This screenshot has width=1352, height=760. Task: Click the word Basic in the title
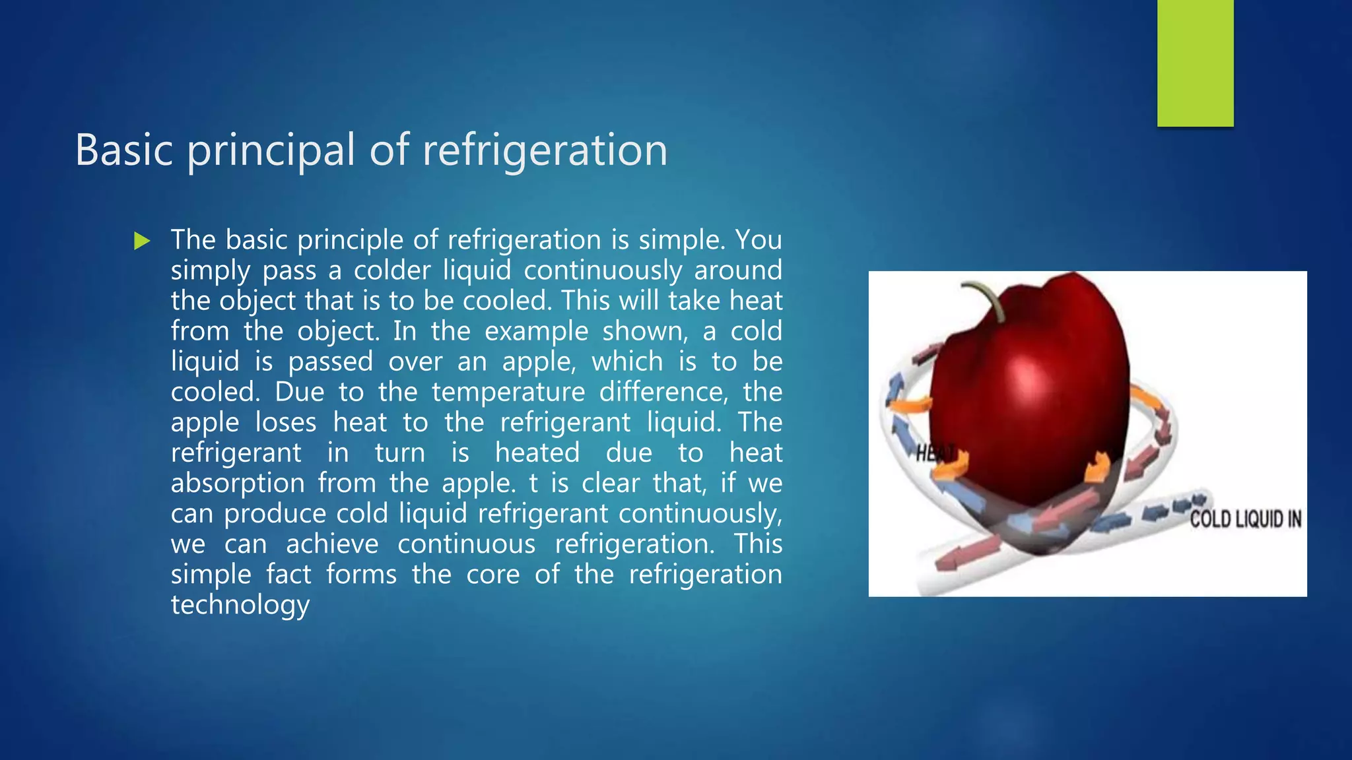click(124, 150)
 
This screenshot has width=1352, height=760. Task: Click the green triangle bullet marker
click(141, 241)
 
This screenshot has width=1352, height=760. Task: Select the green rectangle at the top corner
click(1195, 63)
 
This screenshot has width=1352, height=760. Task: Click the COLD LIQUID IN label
click(1245, 520)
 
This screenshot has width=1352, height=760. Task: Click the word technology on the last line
click(240, 605)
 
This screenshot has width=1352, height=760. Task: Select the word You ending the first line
click(759, 240)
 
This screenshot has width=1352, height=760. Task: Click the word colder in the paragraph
click(391, 270)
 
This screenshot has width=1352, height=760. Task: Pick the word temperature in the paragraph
click(508, 392)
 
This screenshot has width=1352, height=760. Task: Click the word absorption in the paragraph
click(238, 484)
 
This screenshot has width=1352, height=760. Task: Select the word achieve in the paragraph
click(332, 544)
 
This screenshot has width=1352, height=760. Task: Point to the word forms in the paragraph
click(361, 575)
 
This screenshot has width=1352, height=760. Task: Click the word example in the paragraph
click(536, 331)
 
